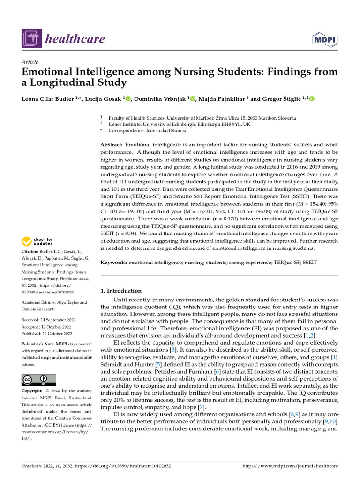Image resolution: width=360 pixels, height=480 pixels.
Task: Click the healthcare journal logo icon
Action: click(x=31, y=38)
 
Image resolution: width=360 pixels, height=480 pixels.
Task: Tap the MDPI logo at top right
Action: click(x=323, y=39)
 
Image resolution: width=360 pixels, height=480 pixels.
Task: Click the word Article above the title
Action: click(x=30, y=62)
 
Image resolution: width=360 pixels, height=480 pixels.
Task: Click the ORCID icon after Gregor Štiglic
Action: click(x=312, y=98)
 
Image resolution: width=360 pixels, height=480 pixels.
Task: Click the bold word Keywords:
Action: click(x=114, y=262)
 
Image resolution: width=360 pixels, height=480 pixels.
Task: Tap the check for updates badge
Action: click(x=37, y=241)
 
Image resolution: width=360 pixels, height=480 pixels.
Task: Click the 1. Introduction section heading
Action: click(x=121, y=291)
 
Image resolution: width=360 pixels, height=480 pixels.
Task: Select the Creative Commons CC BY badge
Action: click(x=38, y=380)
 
